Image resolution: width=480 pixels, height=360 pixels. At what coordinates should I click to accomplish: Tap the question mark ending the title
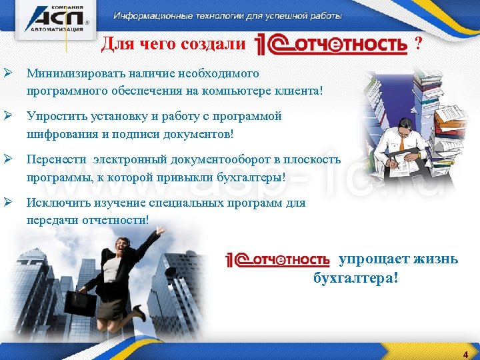click(418, 44)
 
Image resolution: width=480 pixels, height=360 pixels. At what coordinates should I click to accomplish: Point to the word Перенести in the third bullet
click(56, 160)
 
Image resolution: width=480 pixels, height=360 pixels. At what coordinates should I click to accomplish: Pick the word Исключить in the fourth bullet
click(56, 203)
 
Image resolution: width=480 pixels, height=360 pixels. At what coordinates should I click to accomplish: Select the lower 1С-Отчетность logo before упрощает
click(279, 259)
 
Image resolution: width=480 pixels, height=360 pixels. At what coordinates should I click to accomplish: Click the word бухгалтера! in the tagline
click(356, 277)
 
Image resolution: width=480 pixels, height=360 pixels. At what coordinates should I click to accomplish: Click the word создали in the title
click(217, 45)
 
